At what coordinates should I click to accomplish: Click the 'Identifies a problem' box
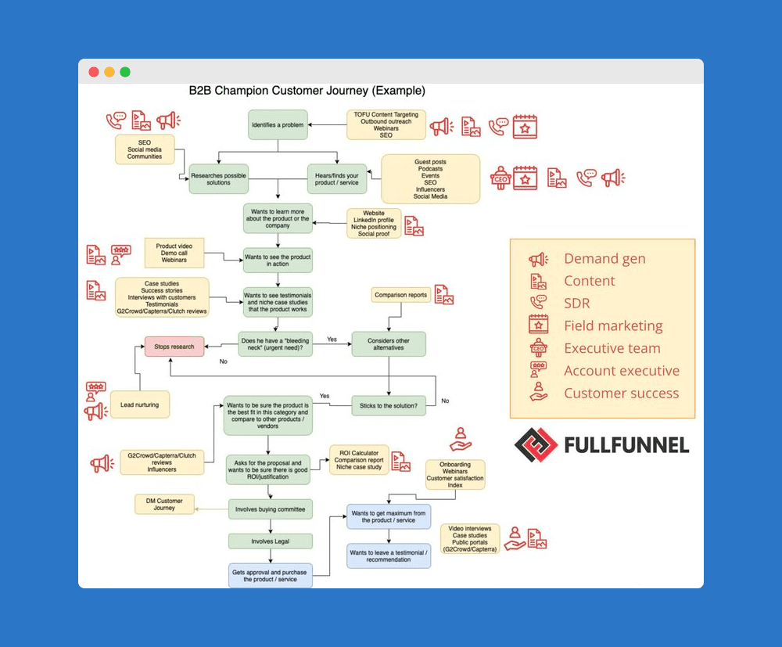pos(278,125)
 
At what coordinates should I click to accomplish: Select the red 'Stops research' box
pos(174,346)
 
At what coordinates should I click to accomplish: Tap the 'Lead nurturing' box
pos(139,404)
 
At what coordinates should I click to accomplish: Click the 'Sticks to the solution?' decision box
pos(389,405)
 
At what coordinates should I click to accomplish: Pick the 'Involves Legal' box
pos(271,541)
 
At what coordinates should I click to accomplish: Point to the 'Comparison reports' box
pos(401,295)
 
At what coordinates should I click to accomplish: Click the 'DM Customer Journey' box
pos(164,505)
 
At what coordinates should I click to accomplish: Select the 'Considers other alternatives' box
pos(389,343)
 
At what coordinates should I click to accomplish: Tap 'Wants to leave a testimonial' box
pos(389,555)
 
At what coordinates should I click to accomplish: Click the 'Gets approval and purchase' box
pos(271,576)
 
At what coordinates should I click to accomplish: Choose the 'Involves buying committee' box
pos(271,509)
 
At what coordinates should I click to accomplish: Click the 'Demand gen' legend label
pos(604,259)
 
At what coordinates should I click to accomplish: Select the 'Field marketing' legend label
pos(613,326)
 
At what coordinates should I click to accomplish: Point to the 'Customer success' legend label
pos(622,394)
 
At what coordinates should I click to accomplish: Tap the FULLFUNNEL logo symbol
pos(536,445)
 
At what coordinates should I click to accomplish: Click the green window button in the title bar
pos(125,72)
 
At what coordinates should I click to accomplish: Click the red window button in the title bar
pos(94,72)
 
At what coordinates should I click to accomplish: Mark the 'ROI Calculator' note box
pos(359,460)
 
